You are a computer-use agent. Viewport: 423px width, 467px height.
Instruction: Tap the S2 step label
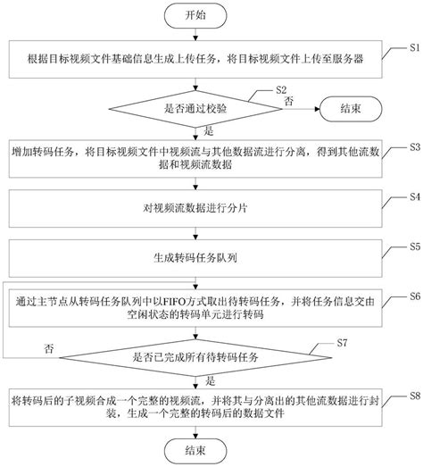point(280,90)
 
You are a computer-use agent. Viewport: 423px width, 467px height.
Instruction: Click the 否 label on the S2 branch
point(288,103)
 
